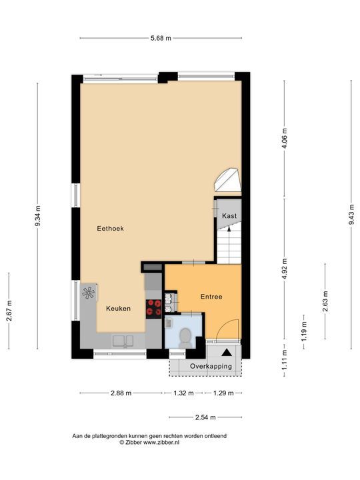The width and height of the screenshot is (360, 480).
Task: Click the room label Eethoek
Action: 110,228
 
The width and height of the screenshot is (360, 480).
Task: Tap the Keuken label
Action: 118,309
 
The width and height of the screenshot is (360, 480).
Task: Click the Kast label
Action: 229,216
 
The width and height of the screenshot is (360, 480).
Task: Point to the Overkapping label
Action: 211,367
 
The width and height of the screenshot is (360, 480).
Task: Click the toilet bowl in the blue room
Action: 185,335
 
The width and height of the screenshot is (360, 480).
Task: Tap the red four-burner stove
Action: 154,307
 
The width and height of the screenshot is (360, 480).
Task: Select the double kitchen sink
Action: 125,341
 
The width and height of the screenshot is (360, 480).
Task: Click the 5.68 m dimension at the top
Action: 160,38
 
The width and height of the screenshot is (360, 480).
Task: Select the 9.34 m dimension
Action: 37,217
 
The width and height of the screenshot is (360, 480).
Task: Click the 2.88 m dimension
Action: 121,393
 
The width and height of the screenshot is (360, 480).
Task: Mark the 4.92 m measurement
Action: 285,269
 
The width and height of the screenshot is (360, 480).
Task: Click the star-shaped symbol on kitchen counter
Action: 89,292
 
